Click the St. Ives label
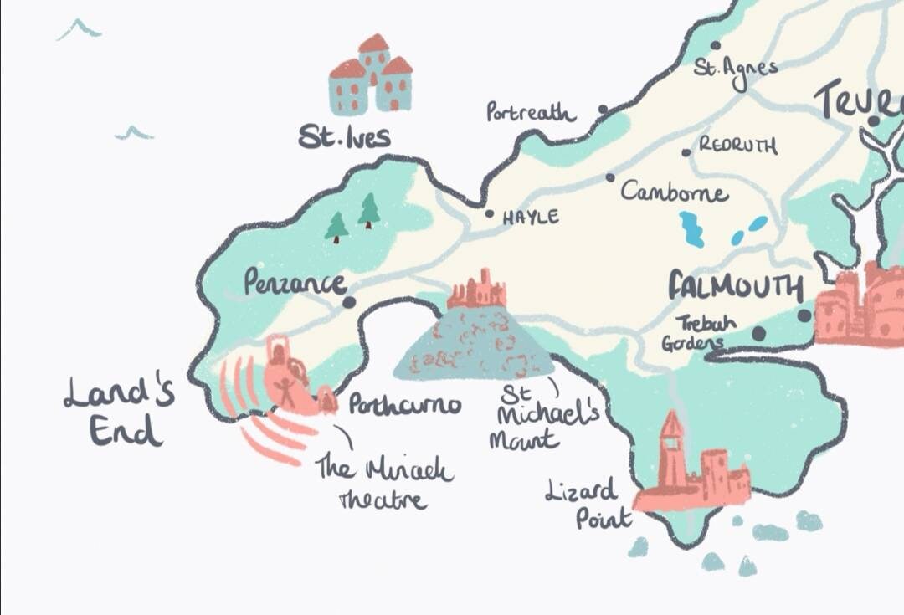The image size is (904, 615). pos(344,136)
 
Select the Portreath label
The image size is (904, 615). pos(531,112)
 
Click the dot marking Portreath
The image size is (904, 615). pos(602,109)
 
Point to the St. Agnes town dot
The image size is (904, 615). pos(715,46)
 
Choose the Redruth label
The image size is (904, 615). pos(737,146)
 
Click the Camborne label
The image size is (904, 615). pos(674,193)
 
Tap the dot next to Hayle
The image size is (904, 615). pos(490,213)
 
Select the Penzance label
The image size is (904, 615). pos(294,283)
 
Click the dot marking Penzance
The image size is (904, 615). pos(349,302)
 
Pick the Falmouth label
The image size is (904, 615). pos(735,287)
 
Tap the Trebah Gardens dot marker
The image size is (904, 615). pos(758,333)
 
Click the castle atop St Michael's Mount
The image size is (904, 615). pos(478,290)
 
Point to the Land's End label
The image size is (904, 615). pos(119,411)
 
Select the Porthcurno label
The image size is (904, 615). pos(404,406)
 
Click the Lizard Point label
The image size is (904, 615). pos(588,504)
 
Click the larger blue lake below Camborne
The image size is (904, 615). pos(691,228)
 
